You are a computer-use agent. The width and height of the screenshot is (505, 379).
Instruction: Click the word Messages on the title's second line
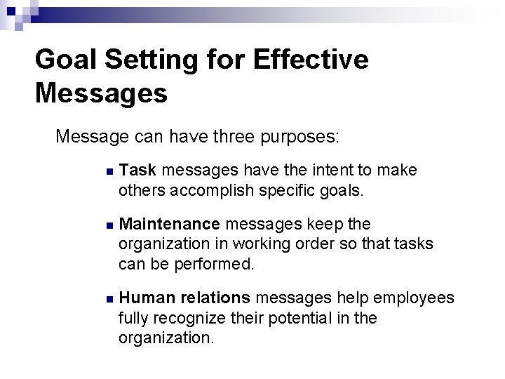(101, 93)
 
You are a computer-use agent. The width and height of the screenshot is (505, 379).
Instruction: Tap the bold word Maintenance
(170, 224)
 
